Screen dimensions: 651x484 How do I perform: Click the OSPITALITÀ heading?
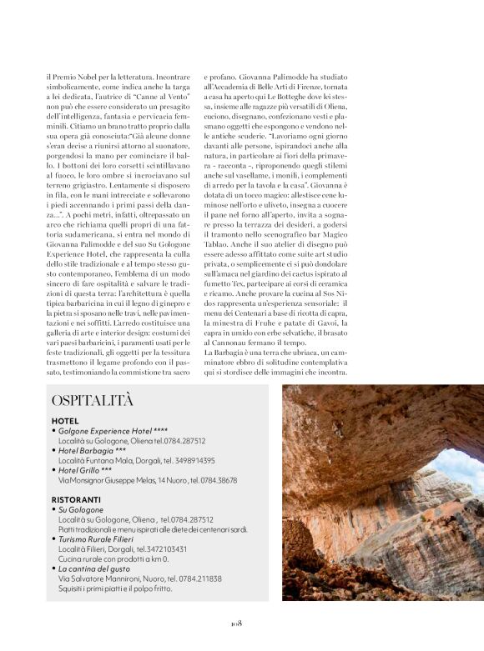[91, 401]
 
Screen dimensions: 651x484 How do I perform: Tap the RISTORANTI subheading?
[77, 498]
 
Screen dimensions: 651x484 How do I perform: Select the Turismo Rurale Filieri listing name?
[98, 539]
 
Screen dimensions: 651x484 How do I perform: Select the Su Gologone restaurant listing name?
[80, 509]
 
